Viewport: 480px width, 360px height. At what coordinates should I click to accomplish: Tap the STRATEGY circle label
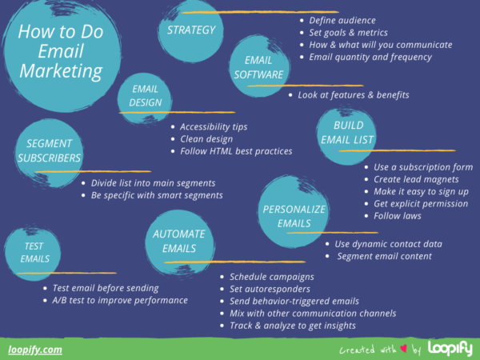point(191,30)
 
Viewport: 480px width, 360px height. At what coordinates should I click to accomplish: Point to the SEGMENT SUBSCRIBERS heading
point(49,150)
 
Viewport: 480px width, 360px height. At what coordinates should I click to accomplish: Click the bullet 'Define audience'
point(342,20)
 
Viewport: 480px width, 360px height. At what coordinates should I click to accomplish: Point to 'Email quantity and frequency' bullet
point(370,57)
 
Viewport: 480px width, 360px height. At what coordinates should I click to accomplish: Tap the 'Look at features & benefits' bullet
point(354,95)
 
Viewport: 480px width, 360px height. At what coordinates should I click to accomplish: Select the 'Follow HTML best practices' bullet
point(236,150)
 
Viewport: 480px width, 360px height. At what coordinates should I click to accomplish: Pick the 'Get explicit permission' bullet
point(420,203)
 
